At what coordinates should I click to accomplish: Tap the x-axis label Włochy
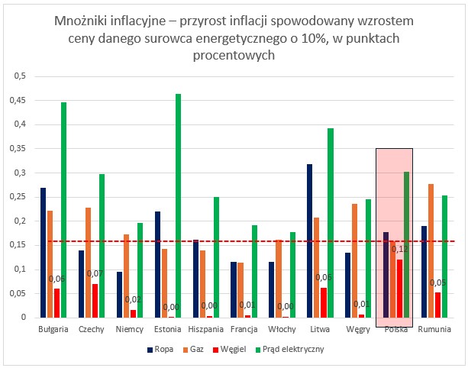coord(282,329)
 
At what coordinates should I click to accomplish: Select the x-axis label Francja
coord(243,329)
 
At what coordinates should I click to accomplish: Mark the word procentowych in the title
coord(234,56)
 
